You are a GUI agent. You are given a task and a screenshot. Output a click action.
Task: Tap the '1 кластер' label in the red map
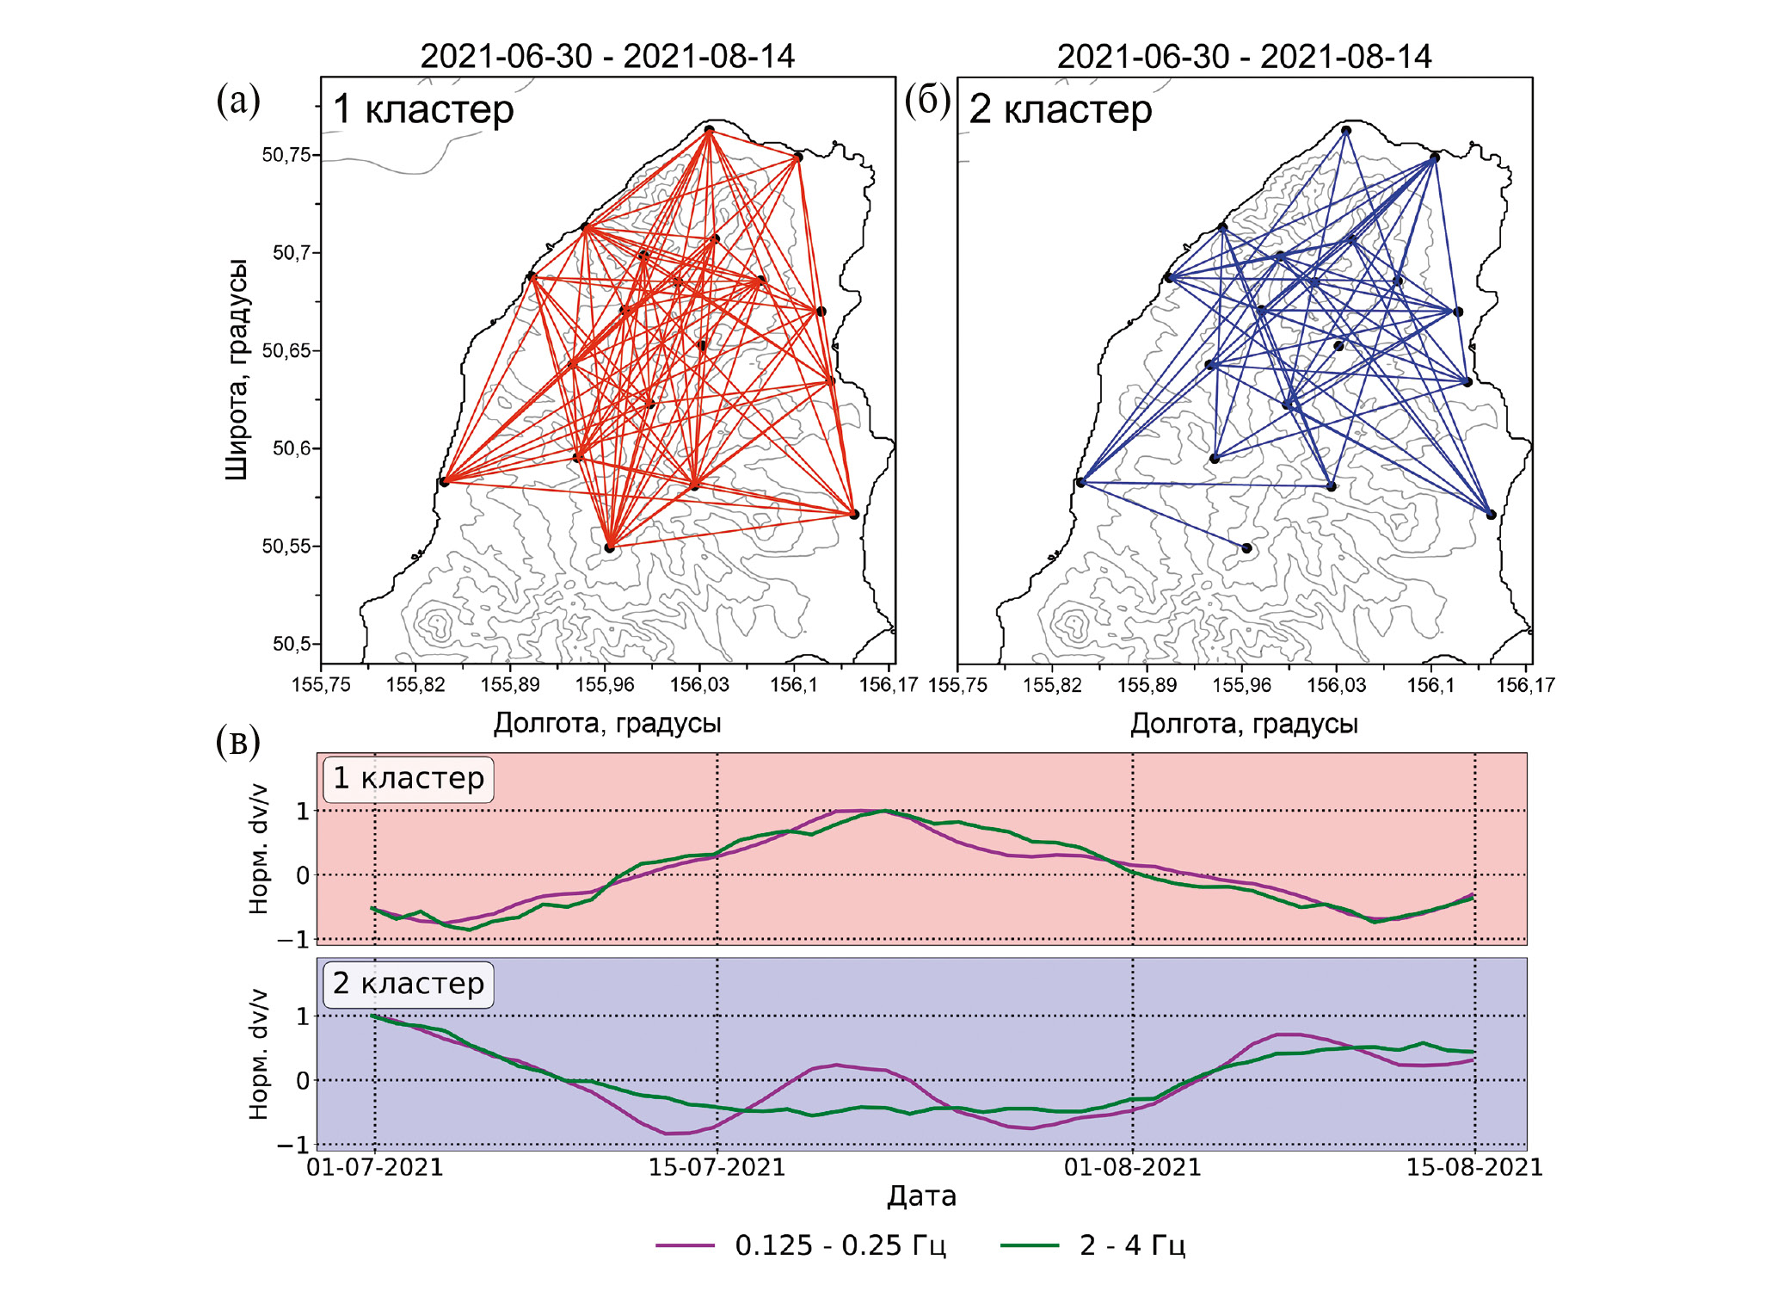tap(423, 109)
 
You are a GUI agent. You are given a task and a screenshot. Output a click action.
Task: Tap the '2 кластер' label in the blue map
tap(1061, 109)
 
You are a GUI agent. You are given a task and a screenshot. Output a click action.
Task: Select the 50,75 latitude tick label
tap(286, 155)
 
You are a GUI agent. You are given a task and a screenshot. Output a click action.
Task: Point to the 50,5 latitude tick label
tap(291, 644)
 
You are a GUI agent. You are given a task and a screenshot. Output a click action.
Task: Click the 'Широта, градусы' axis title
tap(237, 368)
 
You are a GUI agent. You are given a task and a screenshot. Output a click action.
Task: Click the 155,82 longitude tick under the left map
tap(415, 685)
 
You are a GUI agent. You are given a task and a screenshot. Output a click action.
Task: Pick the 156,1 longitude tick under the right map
tap(1430, 685)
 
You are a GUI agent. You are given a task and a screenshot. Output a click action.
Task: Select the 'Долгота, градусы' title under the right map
tap(1244, 724)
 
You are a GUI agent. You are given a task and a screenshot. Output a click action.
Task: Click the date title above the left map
tap(607, 57)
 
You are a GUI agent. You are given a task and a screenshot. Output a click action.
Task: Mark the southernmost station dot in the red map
tap(610, 547)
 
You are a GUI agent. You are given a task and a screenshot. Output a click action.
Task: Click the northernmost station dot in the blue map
tap(1346, 131)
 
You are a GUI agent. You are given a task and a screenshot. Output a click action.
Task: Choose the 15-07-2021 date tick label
tap(717, 1168)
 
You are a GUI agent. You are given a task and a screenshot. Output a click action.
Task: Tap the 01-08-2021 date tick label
tap(1132, 1168)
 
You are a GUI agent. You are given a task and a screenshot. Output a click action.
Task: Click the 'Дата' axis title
tap(921, 1196)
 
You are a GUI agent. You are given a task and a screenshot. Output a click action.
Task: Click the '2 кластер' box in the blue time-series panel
tap(409, 984)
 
